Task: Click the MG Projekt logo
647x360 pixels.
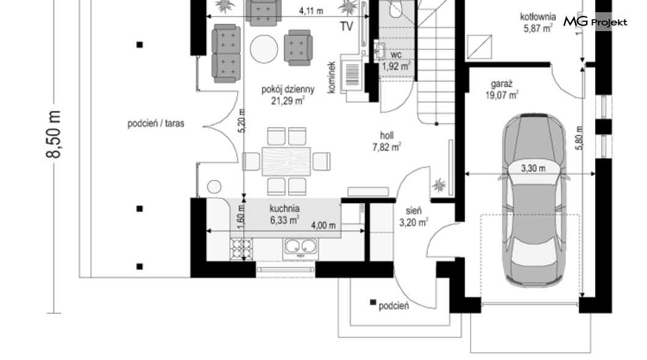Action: pyautogui.click(x=595, y=21)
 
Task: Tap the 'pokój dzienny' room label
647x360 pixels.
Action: pyautogui.click(x=288, y=89)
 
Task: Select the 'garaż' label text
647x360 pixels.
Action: pyautogui.click(x=502, y=84)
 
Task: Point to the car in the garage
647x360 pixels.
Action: pyautogui.click(x=533, y=200)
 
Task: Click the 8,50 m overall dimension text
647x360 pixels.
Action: pyautogui.click(x=54, y=134)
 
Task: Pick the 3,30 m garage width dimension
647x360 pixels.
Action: pyautogui.click(x=533, y=168)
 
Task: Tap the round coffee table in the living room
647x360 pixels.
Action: pyautogui.click(x=264, y=49)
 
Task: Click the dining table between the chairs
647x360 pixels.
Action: pyautogui.click(x=286, y=161)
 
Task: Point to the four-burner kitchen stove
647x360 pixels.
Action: pyautogui.click(x=241, y=249)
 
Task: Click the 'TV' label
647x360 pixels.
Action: pyautogui.click(x=347, y=26)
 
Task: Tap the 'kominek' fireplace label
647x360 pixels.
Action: pyautogui.click(x=331, y=77)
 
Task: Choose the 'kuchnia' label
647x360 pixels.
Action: pyautogui.click(x=284, y=208)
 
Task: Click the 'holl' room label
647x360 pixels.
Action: pyautogui.click(x=386, y=135)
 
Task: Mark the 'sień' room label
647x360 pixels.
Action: pyautogui.click(x=413, y=211)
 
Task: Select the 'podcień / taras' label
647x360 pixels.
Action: pyautogui.click(x=156, y=123)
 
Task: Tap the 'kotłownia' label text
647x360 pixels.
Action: pyautogui.click(x=538, y=17)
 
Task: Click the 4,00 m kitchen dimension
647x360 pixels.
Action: pyautogui.click(x=323, y=225)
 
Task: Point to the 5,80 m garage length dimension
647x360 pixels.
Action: pyautogui.click(x=579, y=138)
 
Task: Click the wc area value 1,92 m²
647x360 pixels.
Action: pyautogui.click(x=396, y=67)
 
